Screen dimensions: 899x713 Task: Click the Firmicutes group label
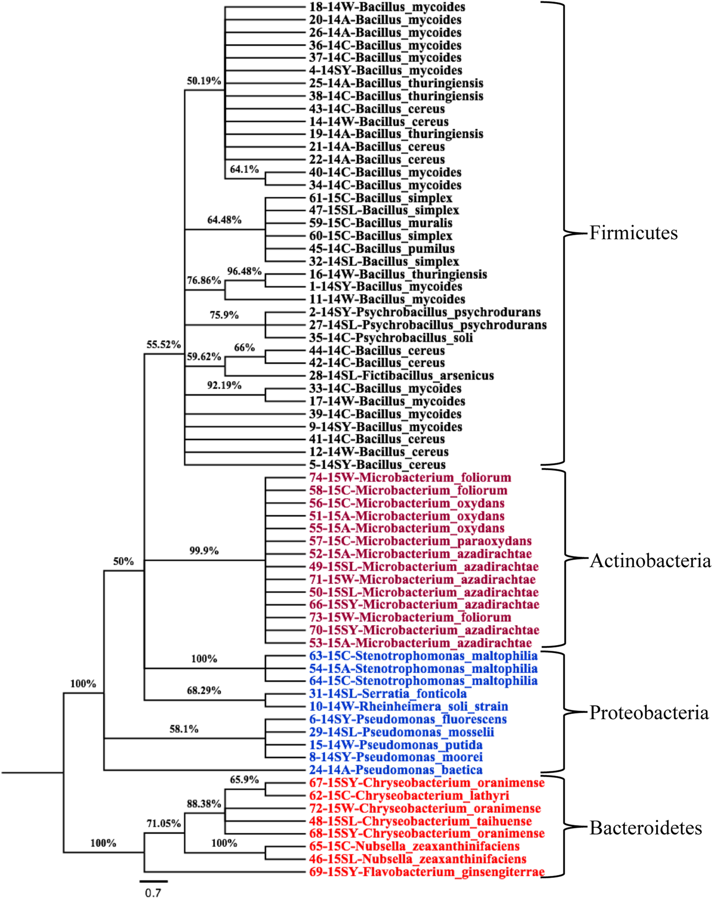coord(633,233)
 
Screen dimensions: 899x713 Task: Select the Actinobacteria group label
coord(650,561)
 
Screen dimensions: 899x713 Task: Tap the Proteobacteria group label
coord(649,712)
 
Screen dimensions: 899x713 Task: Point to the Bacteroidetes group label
coord(646,828)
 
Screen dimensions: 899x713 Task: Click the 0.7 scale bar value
coord(153,892)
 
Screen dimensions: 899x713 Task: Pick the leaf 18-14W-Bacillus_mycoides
coord(387,7)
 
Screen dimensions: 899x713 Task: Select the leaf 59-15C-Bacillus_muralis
coord(381,223)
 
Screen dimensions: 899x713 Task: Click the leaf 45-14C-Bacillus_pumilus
coord(382,249)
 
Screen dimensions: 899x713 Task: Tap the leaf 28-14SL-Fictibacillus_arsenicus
coord(401,376)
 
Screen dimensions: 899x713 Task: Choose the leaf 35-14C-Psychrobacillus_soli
coord(391,338)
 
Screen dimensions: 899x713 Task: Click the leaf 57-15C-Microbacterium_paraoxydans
coord(420,542)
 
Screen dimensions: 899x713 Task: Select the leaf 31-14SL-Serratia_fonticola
coord(388,694)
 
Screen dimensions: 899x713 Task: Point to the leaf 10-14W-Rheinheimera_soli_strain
coord(408,706)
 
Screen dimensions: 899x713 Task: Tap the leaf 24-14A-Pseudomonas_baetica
coord(396,770)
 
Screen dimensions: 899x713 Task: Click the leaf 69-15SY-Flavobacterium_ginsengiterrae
coord(427,872)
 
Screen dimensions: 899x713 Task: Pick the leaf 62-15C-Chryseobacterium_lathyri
coord(409,796)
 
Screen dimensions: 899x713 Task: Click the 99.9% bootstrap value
coord(204,551)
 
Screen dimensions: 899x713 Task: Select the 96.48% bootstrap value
coord(244,272)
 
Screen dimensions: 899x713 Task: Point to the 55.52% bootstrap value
coord(163,344)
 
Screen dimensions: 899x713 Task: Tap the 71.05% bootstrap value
coord(163,824)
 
